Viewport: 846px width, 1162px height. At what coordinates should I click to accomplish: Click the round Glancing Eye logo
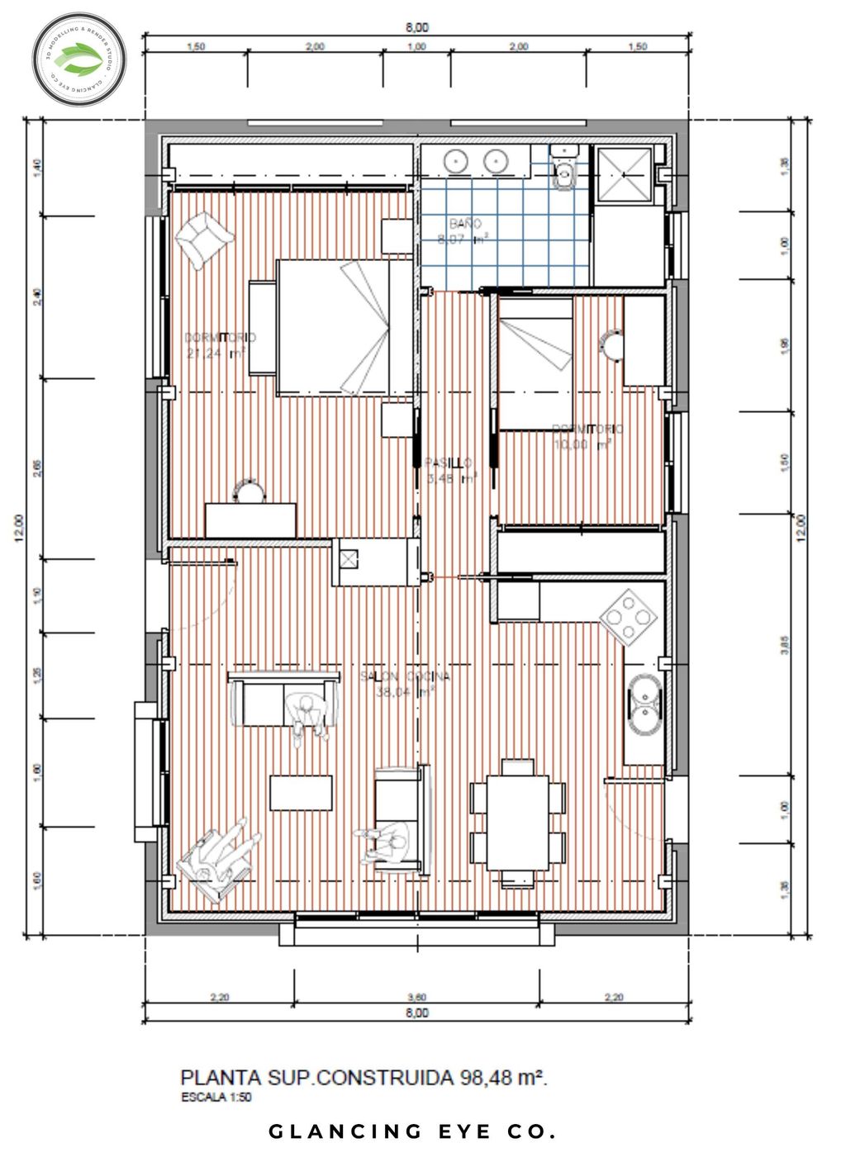(79, 59)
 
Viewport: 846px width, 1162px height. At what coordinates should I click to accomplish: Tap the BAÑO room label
(465, 224)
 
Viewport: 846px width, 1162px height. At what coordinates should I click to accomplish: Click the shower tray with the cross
(624, 174)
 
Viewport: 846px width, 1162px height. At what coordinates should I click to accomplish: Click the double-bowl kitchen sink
(644, 703)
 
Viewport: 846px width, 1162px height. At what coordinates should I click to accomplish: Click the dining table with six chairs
(518, 822)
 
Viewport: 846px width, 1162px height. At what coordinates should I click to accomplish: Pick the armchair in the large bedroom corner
(201, 238)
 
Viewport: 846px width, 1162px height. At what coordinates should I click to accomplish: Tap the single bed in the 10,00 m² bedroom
(535, 363)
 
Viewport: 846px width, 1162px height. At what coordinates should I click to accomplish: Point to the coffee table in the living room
(301, 793)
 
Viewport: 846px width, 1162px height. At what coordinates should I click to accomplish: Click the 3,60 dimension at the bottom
(417, 997)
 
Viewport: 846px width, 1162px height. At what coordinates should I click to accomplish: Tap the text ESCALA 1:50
(216, 1098)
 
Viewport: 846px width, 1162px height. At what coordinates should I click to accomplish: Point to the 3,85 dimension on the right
(785, 645)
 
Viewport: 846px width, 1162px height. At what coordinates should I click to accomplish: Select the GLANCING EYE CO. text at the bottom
(412, 1131)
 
